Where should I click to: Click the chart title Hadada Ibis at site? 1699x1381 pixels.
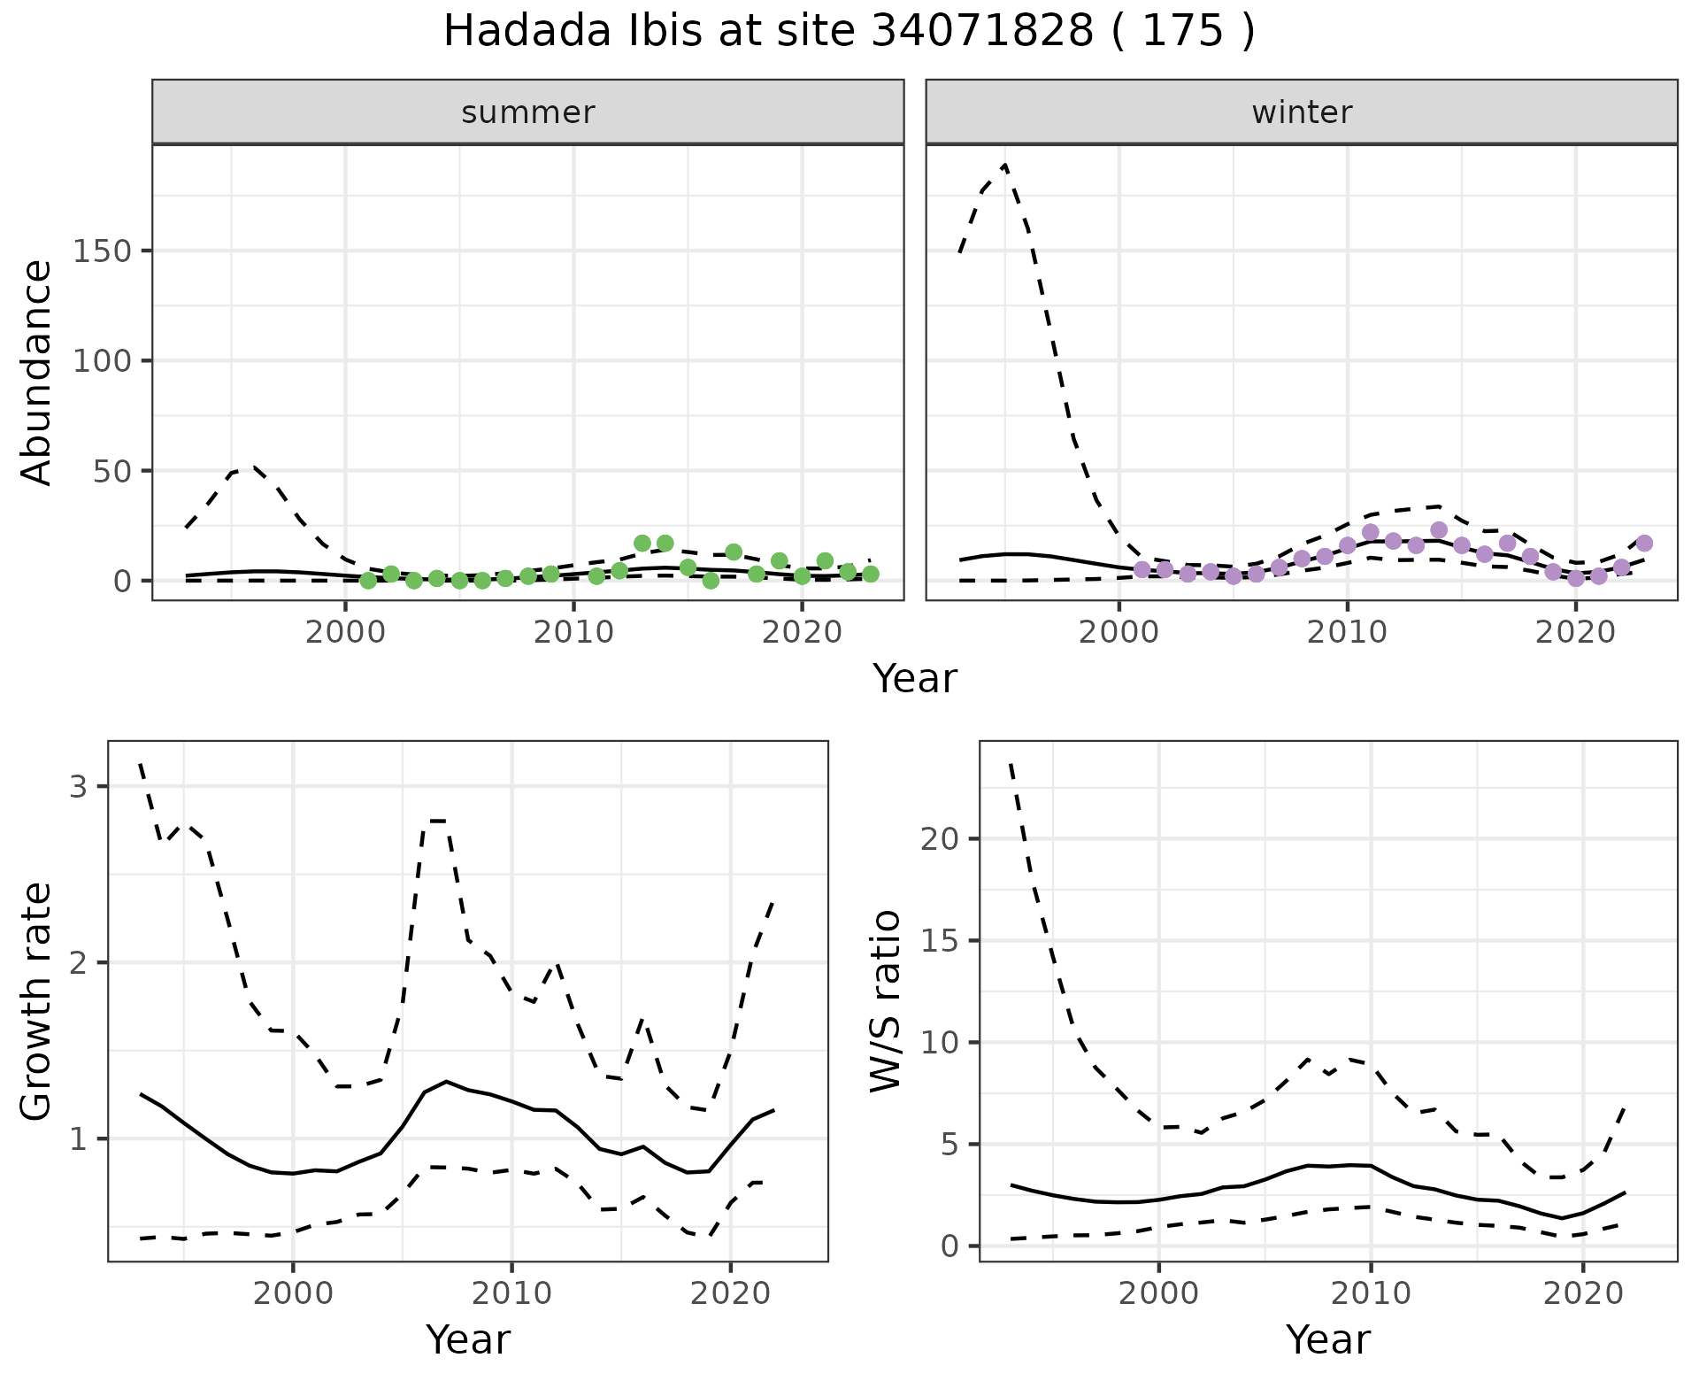point(849,32)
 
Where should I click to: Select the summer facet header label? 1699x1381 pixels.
point(528,112)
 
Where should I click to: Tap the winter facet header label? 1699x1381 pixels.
point(1302,112)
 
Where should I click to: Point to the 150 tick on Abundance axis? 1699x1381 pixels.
point(101,251)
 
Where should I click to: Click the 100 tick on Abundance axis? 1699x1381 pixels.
point(101,361)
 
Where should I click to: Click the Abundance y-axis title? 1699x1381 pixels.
point(36,373)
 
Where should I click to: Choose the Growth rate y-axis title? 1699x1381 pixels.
point(36,1001)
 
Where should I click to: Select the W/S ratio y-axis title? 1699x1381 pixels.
point(885,1001)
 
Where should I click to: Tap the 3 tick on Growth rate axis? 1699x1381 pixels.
point(77,787)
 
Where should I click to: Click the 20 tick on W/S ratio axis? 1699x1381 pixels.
point(939,838)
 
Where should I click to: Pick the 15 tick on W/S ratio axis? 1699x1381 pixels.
point(939,940)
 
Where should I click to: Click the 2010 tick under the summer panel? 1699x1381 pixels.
point(573,633)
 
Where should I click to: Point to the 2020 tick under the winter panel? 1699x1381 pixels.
point(1575,633)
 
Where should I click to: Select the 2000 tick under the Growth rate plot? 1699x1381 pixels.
point(293,1293)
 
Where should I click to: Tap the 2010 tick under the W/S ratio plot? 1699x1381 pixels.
point(1371,1293)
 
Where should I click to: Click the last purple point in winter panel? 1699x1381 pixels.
point(1644,544)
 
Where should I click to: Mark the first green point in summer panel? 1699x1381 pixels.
point(368,581)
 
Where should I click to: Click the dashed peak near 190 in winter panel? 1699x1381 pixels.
point(1005,166)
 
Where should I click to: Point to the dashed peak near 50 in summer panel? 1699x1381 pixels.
point(253,467)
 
